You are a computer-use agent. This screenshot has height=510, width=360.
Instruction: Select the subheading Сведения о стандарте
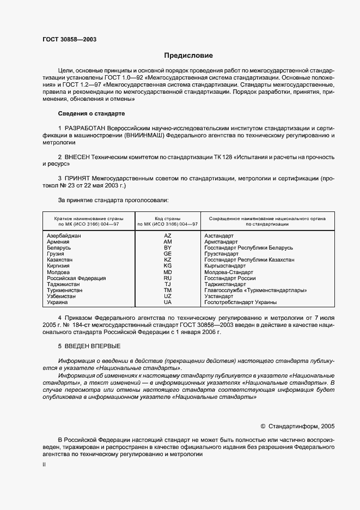pyautogui.click(x=91, y=113)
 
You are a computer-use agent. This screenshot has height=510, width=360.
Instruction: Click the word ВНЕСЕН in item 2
pyautogui.click(x=80, y=157)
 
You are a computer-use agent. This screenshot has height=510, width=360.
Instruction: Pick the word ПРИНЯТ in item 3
pyautogui.click(x=80, y=179)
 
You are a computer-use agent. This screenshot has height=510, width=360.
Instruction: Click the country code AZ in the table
pyautogui.click(x=167, y=235)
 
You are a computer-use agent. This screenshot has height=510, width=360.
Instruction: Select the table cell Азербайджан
pyautogui.click(x=64, y=235)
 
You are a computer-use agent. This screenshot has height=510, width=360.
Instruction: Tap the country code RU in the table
pyautogui.click(x=167, y=278)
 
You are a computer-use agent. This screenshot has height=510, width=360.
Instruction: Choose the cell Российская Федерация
pyautogui.click(x=76, y=278)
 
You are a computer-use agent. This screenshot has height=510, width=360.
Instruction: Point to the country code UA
pyautogui.click(x=167, y=302)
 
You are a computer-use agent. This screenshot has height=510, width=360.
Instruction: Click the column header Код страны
pyautogui.click(x=167, y=217)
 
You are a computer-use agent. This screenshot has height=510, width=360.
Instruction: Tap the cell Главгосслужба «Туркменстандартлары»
pyautogui.click(x=255, y=290)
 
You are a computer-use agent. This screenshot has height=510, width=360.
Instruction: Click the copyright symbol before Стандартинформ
pyautogui.click(x=263, y=426)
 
